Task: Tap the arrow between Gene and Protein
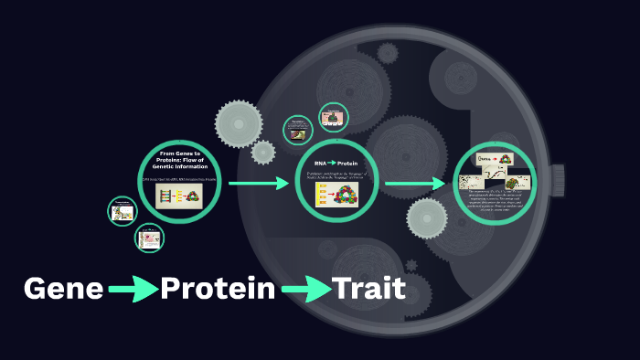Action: coord(133,291)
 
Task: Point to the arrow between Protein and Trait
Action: coord(305,291)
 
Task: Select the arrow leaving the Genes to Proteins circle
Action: coord(258,184)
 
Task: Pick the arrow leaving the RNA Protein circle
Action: coord(414,184)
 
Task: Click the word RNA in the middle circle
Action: coord(320,163)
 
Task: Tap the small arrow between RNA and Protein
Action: coord(333,163)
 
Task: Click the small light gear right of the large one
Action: coord(263,152)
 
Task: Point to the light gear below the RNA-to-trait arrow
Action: coord(426,218)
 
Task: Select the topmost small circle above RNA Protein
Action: coord(333,117)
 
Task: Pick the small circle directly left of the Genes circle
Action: coord(122,212)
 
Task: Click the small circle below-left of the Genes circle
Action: coord(149,238)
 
